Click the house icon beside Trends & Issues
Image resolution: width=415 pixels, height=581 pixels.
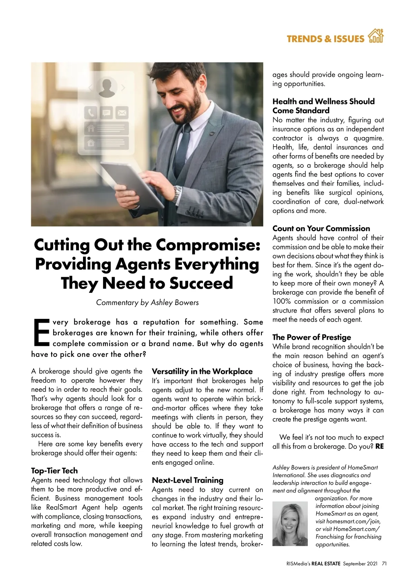click(376, 37)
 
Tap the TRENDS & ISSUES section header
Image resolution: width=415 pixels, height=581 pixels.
click(325, 39)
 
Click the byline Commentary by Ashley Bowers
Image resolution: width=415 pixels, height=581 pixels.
click(147, 303)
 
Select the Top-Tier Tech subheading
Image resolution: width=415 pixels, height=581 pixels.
click(54, 471)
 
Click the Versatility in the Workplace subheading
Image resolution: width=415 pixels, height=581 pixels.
click(202, 371)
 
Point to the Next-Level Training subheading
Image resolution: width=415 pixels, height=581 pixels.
click(188, 480)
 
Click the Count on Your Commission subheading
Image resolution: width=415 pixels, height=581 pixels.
click(321, 228)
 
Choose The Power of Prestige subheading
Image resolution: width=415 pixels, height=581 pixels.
click(312, 337)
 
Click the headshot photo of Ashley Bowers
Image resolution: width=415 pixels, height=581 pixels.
click(290, 524)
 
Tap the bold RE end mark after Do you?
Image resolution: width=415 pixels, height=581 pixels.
click(379, 446)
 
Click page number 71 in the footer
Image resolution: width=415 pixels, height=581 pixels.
click(384, 563)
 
